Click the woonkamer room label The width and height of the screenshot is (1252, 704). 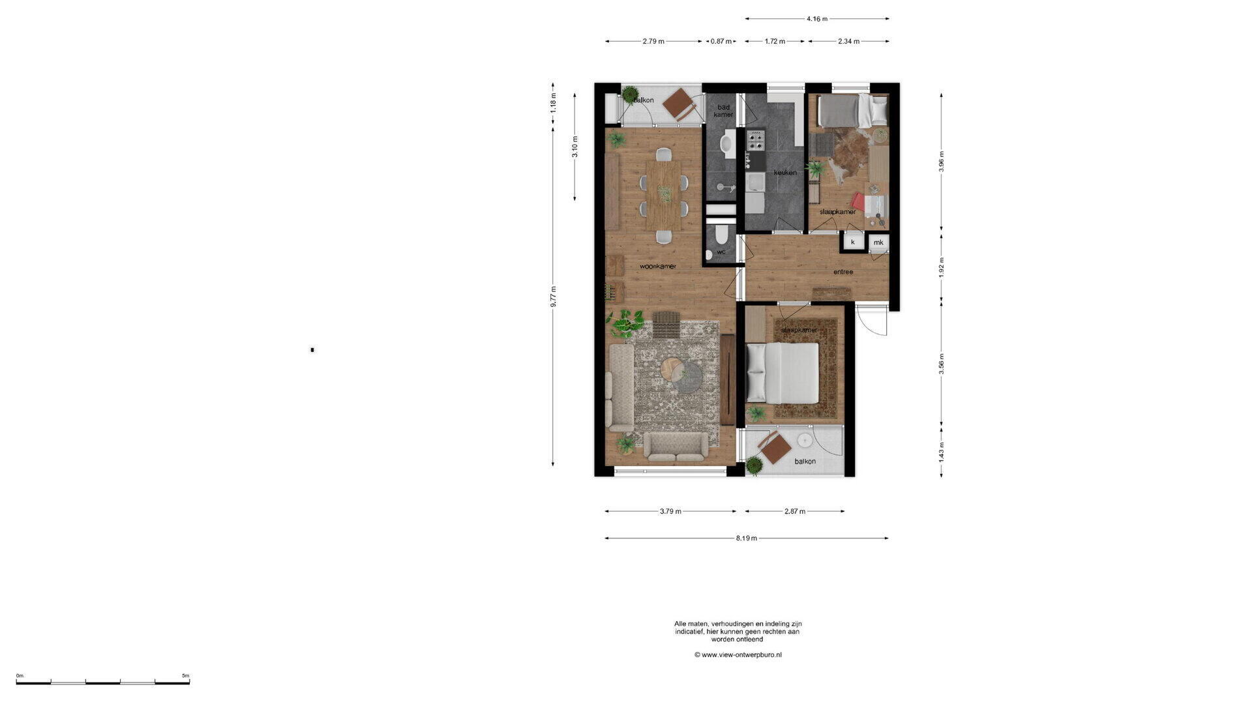point(657,266)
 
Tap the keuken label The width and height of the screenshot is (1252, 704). point(785,173)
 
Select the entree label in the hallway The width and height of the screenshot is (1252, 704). point(843,272)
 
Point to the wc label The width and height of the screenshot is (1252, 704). point(721,252)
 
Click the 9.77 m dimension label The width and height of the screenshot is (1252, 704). point(553,297)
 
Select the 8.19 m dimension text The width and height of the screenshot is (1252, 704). point(747,538)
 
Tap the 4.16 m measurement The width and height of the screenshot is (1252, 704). point(817,19)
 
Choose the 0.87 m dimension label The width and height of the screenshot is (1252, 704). point(721,41)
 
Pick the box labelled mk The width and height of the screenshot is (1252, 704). point(878,242)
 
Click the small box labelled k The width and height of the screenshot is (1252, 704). point(853,242)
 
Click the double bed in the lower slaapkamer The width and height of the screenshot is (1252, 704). point(782,373)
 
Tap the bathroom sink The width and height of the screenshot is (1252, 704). point(728,143)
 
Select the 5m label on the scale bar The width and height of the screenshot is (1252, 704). point(186,675)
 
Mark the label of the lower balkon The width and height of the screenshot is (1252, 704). point(805,462)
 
